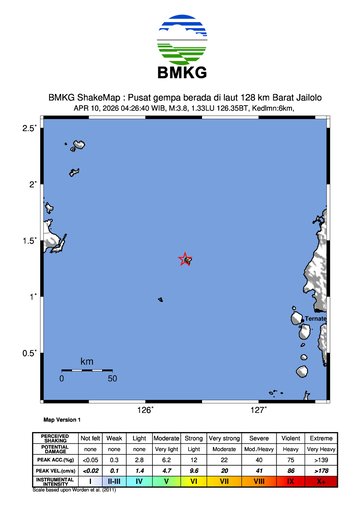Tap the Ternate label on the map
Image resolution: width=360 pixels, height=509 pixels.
point(316,318)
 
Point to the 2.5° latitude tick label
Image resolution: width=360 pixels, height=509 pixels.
point(29,129)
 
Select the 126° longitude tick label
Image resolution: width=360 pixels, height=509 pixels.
point(145,410)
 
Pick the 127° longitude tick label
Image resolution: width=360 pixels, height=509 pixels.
point(258,410)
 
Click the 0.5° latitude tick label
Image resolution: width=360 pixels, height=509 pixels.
point(29,353)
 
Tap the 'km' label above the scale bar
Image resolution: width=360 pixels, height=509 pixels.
point(87,360)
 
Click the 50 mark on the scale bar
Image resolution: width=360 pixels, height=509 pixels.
point(113,379)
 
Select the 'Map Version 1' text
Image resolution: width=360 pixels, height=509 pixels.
point(62,420)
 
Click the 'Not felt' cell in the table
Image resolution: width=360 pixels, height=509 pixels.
point(91,439)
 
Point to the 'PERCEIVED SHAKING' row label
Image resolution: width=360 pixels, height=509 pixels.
point(55,439)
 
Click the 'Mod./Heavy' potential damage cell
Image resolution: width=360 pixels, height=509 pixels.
point(259,450)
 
